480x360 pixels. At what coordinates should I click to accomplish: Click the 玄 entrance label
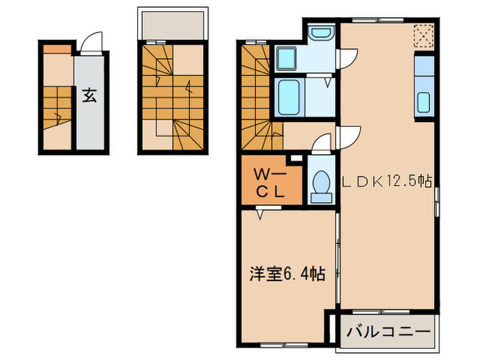pyautogui.click(x=90, y=95)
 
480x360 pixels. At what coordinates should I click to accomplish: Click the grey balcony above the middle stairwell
pyautogui.click(x=173, y=25)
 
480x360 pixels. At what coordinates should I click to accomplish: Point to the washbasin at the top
pyautogui.click(x=320, y=33)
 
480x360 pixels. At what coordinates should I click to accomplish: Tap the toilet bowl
pyautogui.click(x=320, y=183)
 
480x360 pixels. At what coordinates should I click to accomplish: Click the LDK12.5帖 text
pyautogui.click(x=387, y=182)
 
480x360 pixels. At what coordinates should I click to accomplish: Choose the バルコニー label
pyautogui.click(x=388, y=332)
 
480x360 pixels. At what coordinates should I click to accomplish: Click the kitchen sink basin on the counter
pyautogui.click(x=424, y=102)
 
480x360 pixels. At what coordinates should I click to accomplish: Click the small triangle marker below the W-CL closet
pyautogui.click(x=261, y=215)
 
